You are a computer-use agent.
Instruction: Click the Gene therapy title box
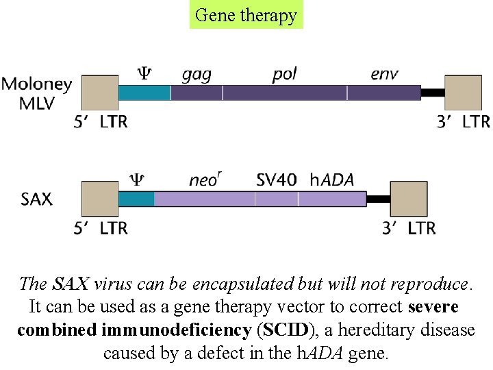pyautogui.click(x=246, y=14)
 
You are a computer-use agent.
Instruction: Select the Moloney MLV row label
pyautogui.click(x=37, y=94)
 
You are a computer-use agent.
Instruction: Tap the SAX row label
pyautogui.click(x=36, y=199)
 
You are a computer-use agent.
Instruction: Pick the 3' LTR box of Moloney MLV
pyautogui.click(x=463, y=92)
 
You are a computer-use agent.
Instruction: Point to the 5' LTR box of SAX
pyautogui.click(x=100, y=199)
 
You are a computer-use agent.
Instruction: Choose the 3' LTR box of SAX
pyautogui.click(x=409, y=199)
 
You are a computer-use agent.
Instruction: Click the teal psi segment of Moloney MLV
pyautogui.click(x=144, y=92)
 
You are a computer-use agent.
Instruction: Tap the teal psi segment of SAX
pyautogui.click(x=136, y=199)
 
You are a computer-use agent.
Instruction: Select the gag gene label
pyautogui.click(x=197, y=73)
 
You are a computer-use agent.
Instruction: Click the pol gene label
pyautogui.click(x=284, y=73)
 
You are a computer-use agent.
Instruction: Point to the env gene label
pyautogui.click(x=384, y=73)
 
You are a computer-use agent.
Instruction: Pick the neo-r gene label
pyautogui.click(x=205, y=180)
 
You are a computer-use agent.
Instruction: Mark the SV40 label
pyautogui.click(x=277, y=180)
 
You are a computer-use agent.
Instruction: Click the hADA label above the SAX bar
pyautogui.click(x=332, y=180)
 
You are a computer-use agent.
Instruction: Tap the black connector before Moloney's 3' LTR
pyautogui.click(x=433, y=92)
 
